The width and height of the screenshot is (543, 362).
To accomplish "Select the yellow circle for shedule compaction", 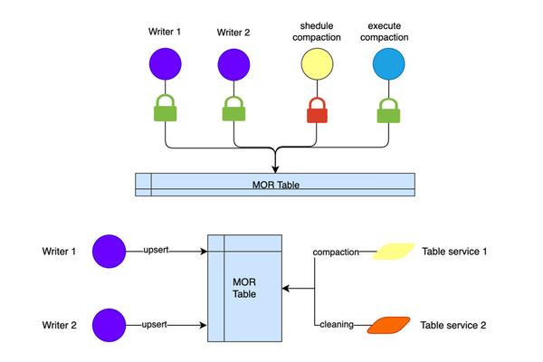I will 317,65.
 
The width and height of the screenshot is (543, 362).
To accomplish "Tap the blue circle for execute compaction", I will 390,65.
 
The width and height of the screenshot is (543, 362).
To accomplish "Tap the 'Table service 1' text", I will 454,251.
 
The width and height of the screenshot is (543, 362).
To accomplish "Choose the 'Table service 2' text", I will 455,323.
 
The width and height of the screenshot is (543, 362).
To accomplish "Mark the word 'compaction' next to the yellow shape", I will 335,251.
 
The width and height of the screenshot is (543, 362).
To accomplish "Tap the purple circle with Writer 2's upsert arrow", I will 109,323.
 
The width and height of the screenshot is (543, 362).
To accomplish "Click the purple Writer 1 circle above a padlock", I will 166,65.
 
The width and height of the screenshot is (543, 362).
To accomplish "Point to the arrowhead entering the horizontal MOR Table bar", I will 275,165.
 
